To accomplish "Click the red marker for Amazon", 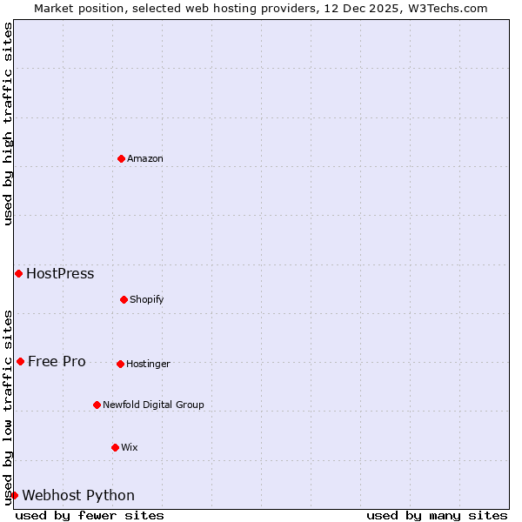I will pos(121,158).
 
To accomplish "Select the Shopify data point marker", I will pos(124,299).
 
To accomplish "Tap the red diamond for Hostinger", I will pos(120,364).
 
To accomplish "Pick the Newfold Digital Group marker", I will pos(97,405).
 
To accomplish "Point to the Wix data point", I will pos(115,447).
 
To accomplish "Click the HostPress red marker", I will pos(18,273).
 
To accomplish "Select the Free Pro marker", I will pos(20,361).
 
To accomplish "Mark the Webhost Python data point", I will pos(14,495).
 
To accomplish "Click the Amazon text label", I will pos(145,158).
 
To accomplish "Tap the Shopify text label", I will pos(147,299).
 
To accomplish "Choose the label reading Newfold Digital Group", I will pos(153,405).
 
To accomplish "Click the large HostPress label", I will pos(60,273).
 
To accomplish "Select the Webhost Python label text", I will pos(78,495).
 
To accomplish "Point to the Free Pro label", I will pos(57,361).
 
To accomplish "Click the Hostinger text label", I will pos(148,364).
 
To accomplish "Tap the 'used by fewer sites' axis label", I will pos(90,515).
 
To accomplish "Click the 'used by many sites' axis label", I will pos(437,515).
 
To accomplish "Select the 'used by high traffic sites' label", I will pos(8,124).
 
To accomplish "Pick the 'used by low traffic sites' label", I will pos(8,406).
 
